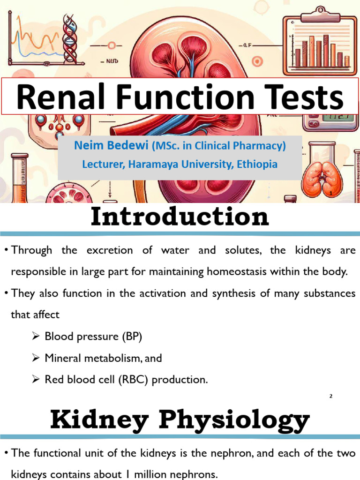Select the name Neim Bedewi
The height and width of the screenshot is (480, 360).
pos(111,146)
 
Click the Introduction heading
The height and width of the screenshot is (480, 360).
pos(180,217)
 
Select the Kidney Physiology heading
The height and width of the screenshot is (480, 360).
pos(180,420)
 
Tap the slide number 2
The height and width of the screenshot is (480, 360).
pos(330,396)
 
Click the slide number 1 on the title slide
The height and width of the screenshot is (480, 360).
pos(331,193)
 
